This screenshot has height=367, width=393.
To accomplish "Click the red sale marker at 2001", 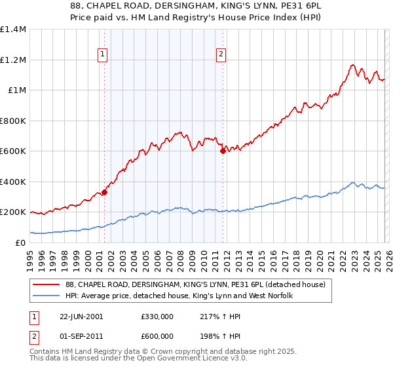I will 104,193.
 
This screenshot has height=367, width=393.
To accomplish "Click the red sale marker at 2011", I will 223,151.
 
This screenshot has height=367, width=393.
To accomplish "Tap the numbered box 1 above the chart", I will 103,54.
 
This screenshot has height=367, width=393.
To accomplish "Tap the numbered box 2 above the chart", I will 222,54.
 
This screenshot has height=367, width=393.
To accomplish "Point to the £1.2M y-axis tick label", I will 12,60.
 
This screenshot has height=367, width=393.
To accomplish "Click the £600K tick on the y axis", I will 12,151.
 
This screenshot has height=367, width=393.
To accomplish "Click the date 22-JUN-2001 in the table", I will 81,317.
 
